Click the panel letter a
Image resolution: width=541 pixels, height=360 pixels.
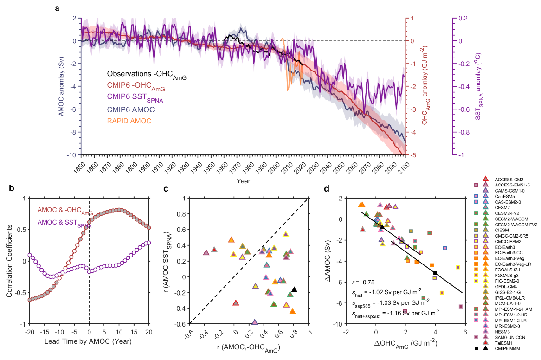(x=57, y=8)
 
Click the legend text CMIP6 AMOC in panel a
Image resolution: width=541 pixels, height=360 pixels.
(x=131, y=109)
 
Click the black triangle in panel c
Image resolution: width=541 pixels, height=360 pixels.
(x=294, y=289)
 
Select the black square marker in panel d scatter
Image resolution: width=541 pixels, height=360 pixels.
(x=435, y=273)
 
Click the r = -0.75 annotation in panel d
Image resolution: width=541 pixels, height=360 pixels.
(x=363, y=282)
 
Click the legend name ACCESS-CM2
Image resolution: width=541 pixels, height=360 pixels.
(x=509, y=179)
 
